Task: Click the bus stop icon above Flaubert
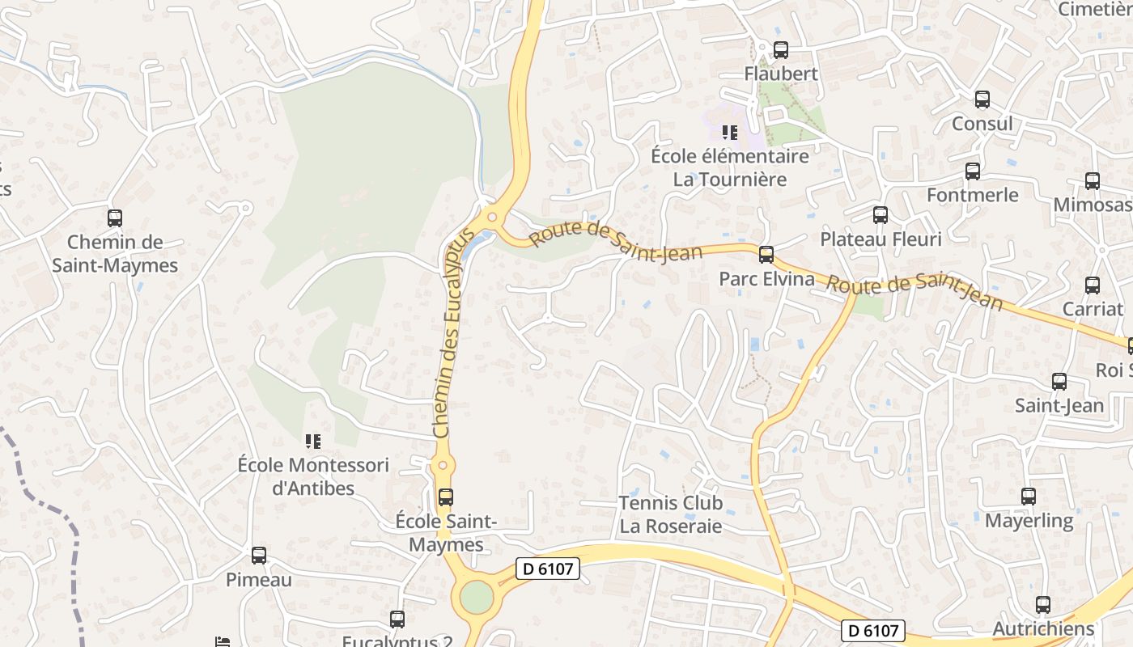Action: (780, 50)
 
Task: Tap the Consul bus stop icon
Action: (982, 99)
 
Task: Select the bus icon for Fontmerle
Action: (972, 171)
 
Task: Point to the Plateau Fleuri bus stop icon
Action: (880, 215)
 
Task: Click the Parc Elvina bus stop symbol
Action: (766, 255)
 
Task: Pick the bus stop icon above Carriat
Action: (1092, 285)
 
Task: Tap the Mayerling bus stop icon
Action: (1028, 496)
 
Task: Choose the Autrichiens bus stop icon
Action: (1042, 604)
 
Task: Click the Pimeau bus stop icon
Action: (258, 556)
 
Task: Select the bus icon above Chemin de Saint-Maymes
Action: (115, 218)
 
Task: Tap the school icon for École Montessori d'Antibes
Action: (312, 441)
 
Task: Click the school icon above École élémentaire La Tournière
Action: (729, 132)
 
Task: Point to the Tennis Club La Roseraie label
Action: (670, 514)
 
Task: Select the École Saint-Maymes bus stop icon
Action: (445, 497)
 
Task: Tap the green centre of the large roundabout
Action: (476, 598)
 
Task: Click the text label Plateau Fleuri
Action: (881, 239)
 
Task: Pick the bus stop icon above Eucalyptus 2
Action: (397, 620)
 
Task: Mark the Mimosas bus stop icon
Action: (1092, 181)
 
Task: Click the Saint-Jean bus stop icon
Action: (1059, 382)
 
